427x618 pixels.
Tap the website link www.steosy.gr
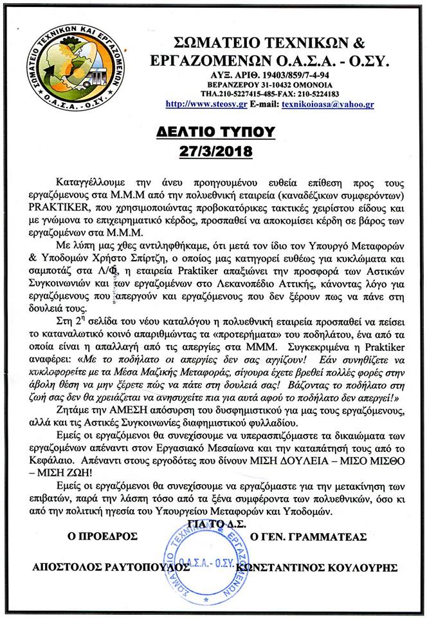coord(197,103)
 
